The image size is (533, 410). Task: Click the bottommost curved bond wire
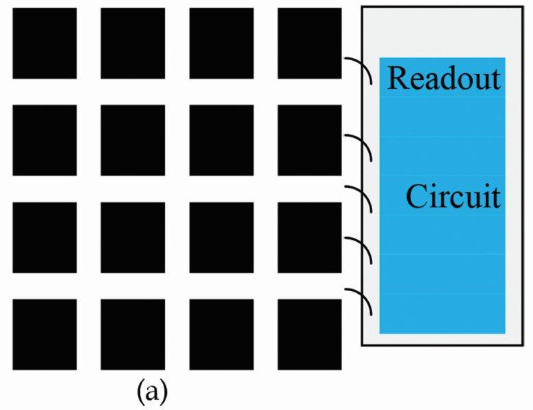click(359, 301)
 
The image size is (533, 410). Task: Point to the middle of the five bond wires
click(359, 198)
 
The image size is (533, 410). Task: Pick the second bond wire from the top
click(359, 147)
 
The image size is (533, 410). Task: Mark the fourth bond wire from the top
click(359, 249)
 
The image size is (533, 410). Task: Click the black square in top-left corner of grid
click(44, 43)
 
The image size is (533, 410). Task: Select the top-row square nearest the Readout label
click(309, 43)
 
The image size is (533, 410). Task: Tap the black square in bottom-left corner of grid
click(44, 334)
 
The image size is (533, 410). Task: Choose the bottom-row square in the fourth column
click(309, 334)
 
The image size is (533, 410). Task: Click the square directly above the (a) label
click(133, 334)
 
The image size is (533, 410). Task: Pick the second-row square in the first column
click(44, 140)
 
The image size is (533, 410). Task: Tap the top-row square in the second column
click(133, 43)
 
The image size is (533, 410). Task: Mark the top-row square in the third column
click(221, 43)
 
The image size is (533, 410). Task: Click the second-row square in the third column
click(221, 140)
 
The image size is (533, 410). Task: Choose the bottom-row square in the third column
click(221, 334)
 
